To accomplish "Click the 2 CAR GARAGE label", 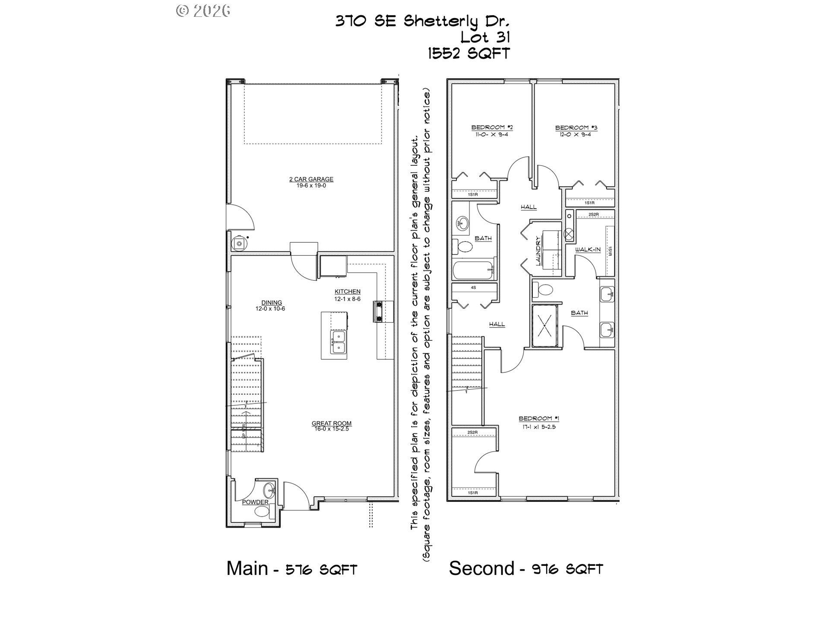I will click(x=311, y=179).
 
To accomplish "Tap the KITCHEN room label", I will click(x=347, y=292).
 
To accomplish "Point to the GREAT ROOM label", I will click(x=331, y=424).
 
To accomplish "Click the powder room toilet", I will click(x=262, y=512).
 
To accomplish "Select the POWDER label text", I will click(x=255, y=502).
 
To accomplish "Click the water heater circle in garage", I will click(x=239, y=244).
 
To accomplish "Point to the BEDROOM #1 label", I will click(x=538, y=418).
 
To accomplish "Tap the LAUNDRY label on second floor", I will click(x=538, y=251).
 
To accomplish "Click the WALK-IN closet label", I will click(x=587, y=250).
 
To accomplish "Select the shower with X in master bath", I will click(x=545, y=326).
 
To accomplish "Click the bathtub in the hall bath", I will click(x=473, y=270).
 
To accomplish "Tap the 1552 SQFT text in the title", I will click(x=468, y=53).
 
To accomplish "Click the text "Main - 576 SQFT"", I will click(x=292, y=568).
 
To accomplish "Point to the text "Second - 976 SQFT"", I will click(x=525, y=568).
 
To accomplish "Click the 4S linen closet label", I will click(x=473, y=287).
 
